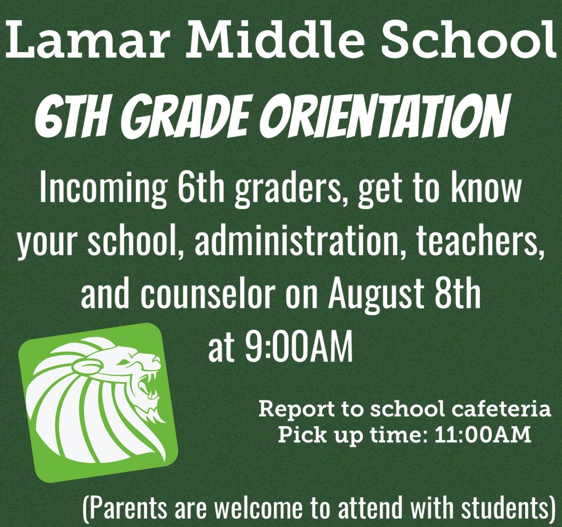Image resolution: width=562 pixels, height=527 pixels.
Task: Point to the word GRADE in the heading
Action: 192,115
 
